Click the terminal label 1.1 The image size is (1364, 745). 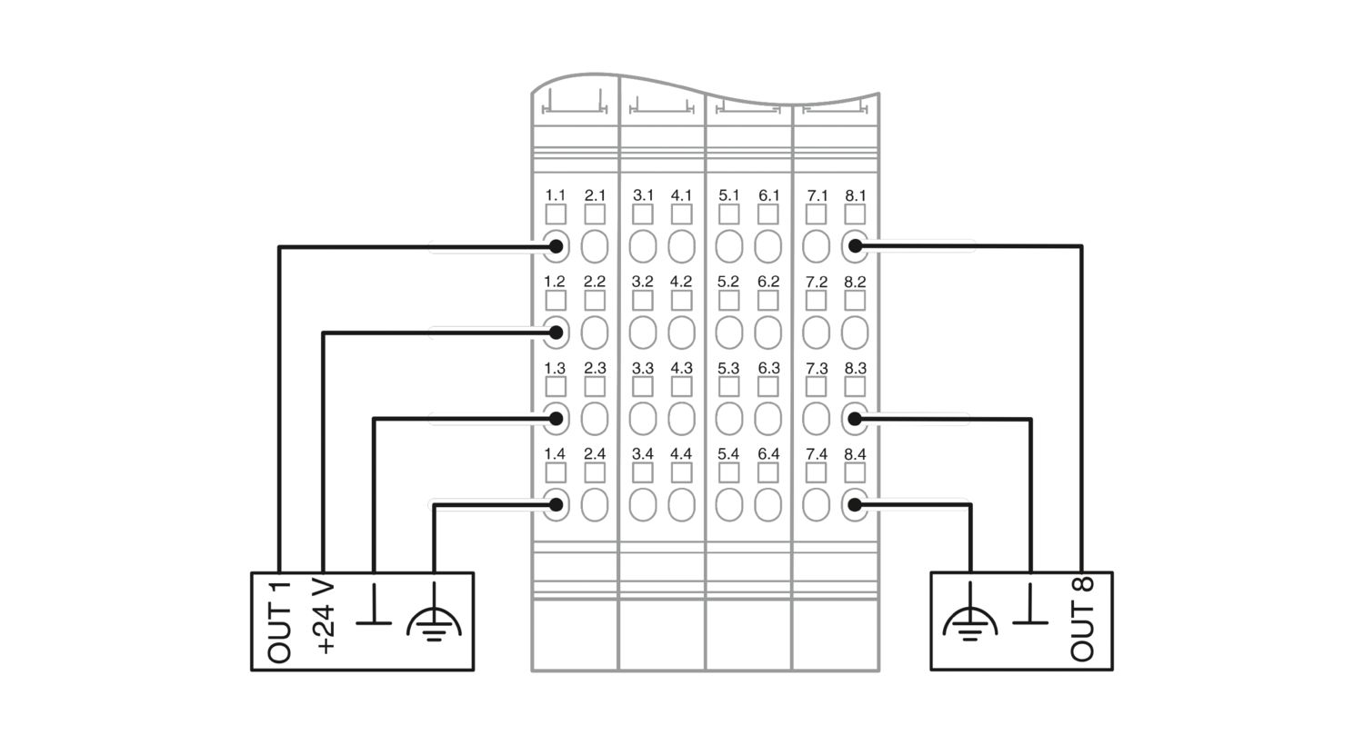[x=555, y=195]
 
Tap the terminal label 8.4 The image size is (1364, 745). [x=855, y=453]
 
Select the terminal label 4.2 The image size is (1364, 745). [x=681, y=282]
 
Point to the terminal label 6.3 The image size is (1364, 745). [x=768, y=368]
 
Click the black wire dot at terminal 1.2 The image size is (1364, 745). [x=556, y=333]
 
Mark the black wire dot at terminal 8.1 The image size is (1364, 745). [x=855, y=246]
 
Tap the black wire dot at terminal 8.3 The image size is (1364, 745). [x=855, y=419]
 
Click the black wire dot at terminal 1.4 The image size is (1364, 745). [x=556, y=505]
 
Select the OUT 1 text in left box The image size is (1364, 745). [x=279, y=622]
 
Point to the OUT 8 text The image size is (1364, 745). [x=1082, y=619]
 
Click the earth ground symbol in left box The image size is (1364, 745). [x=434, y=613]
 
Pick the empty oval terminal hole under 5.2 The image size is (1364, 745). [x=729, y=333]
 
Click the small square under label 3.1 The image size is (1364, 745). [x=642, y=214]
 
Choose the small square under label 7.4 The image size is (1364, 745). [x=816, y=472]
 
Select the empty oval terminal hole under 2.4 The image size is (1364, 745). [x=595, y=505]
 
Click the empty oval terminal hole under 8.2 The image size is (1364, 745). [x=855, y=333]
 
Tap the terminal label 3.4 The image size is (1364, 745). [x=642, y=453]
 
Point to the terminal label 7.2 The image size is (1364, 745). [x=816, y=282]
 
